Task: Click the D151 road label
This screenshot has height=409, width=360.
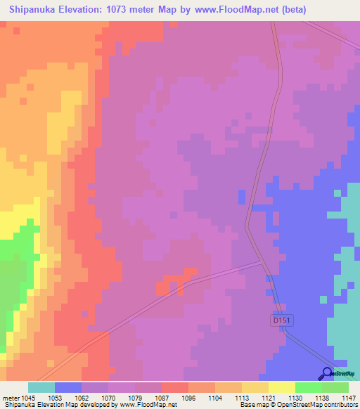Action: point(281,320)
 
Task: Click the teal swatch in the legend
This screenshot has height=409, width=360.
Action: point(41,387)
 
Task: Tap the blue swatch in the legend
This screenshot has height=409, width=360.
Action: point(68,387)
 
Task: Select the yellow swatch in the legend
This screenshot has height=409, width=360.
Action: point(282,387)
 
